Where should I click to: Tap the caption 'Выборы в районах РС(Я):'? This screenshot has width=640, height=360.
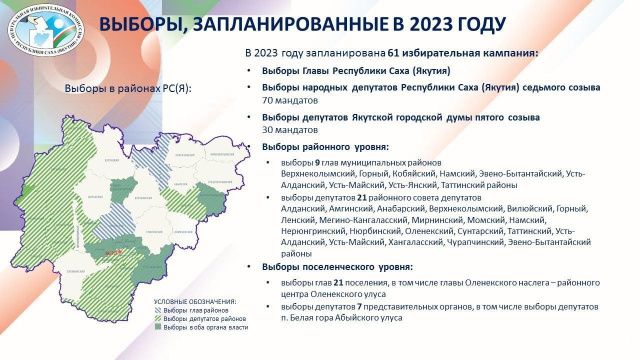coord(127,88)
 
